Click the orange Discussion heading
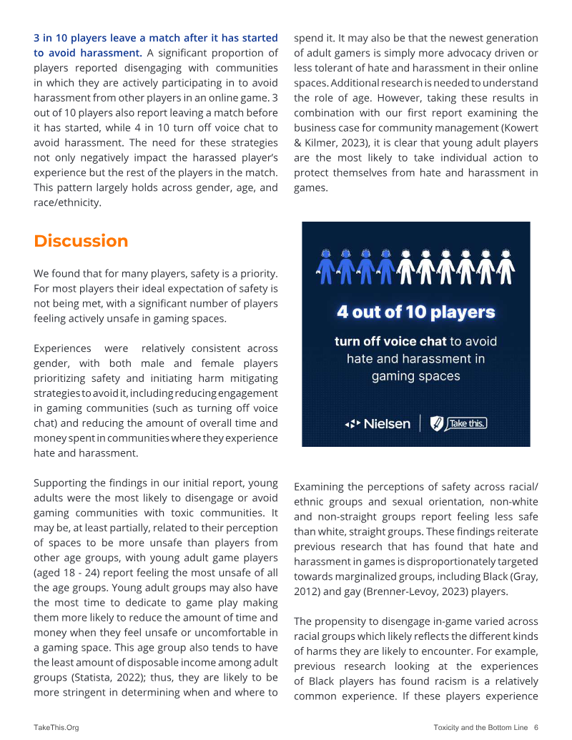(x=81, y=241)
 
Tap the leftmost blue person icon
(x=325, y=265)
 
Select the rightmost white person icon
(x=506, y=265)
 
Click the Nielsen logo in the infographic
(x=378, y=424)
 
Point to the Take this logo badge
(x=458, y=424)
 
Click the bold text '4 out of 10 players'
(x=415, y=312)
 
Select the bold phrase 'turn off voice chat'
(x=390, y=341)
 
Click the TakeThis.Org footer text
(x=56, y=727)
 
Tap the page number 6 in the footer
(x=536, y=727)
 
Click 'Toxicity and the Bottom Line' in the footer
(x=480, y=727)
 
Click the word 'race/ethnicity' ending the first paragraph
(x=67, y=202)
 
